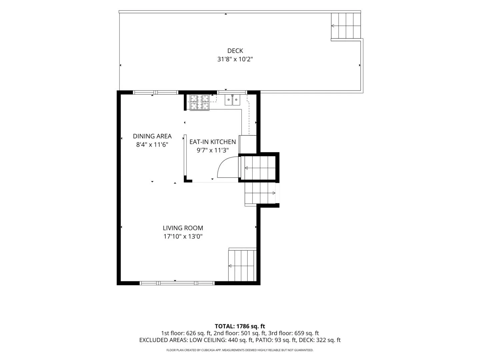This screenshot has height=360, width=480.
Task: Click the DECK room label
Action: click(x=235, y=51)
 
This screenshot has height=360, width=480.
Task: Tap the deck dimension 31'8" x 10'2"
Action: click(x=235, y=59)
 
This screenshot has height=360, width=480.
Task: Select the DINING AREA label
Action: click(x=152, y=136)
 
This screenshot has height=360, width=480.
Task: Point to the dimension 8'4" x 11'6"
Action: click(x=152, y=145)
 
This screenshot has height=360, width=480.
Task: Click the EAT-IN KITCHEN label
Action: click(x=213, y=142)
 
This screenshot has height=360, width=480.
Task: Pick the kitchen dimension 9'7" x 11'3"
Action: click(x=213, y=150)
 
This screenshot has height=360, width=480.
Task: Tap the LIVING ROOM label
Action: click(x=183, y=228)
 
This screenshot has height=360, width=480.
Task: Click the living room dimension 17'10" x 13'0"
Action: click(x=183, y=237)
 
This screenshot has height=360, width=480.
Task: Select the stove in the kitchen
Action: click(x=199, y=103)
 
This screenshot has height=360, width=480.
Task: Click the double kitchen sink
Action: click(x=232, y=100)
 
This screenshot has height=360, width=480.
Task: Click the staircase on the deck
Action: click(x=346, y=26)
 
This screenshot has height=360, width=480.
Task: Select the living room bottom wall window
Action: click(x=177, y=283)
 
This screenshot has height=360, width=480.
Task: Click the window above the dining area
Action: click(x=156, y=92)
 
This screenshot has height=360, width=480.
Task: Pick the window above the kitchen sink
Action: click(x=232, y=92)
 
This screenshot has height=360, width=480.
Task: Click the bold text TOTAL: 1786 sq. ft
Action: click(x=240, y=326)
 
